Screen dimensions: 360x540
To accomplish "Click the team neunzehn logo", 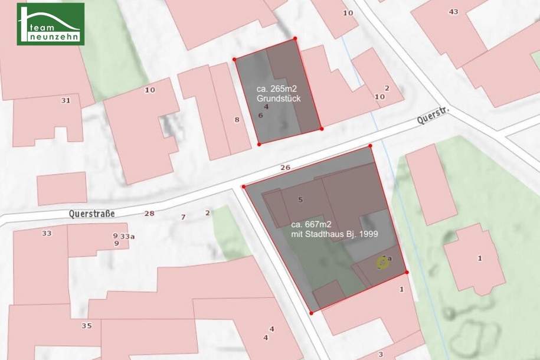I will [51, 24].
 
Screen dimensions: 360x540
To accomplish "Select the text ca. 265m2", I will [275, 89].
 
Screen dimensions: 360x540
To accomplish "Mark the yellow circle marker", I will [383, 263].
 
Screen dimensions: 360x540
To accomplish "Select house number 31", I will [66, 100].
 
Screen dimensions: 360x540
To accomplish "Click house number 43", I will [453, 12].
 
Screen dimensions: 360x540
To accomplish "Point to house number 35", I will [87, 325].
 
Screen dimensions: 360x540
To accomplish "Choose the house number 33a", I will [127, 236].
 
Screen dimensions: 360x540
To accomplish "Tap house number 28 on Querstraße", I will [149, 213].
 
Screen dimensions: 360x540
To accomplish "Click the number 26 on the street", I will [286, 168].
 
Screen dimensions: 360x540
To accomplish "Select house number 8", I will [237, 120].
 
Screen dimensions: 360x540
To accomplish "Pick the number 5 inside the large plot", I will [300, 200].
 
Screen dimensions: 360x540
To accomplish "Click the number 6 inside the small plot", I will [260, 115].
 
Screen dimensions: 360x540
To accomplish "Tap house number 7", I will [183, 217].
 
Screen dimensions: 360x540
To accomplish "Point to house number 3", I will [381, 354].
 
